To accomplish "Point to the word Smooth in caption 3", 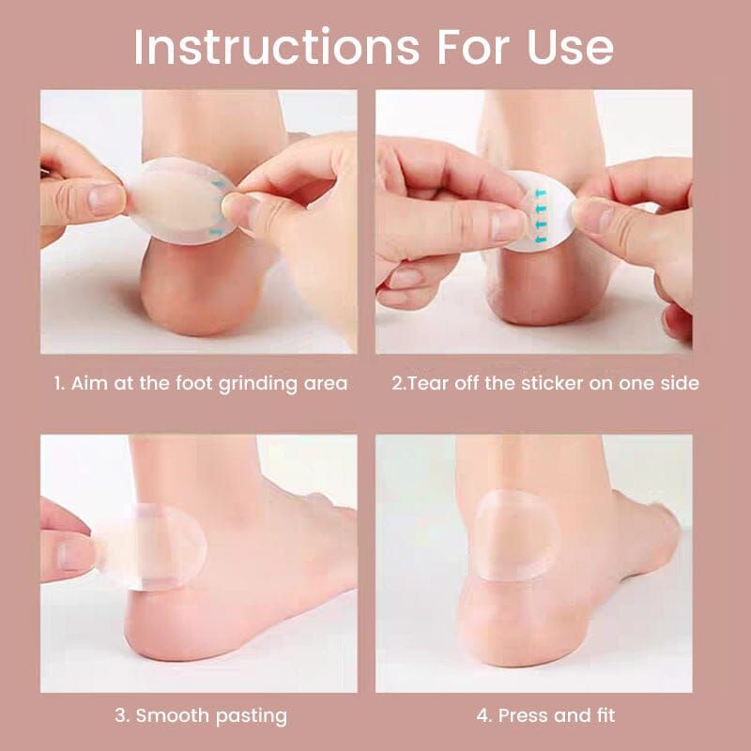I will [x=173, y=715].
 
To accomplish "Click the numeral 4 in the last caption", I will [x=482, y=715].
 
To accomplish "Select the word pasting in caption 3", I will [x=252, y=715].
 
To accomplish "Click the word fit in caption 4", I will [x=604, y=715].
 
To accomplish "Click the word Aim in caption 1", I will [x=88, y=383].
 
